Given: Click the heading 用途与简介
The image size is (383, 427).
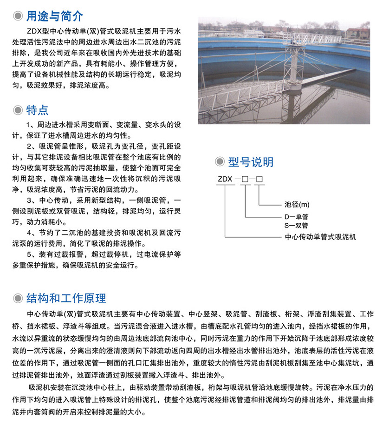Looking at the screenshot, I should (x=54, y=16).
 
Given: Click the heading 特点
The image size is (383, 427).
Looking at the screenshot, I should (x=37, y=110).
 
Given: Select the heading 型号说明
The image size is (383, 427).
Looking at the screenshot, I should (x=250, y=162).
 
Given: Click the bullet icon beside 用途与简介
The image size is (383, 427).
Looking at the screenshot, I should (x=18, y=17).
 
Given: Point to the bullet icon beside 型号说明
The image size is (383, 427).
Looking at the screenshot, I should (x=220, y=162).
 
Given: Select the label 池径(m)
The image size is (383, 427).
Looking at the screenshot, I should (x=297, y=204).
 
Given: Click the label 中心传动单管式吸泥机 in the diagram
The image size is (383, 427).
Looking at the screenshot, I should (x=320, y=237).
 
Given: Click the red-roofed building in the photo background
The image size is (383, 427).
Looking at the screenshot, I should (x=357, y=33).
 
